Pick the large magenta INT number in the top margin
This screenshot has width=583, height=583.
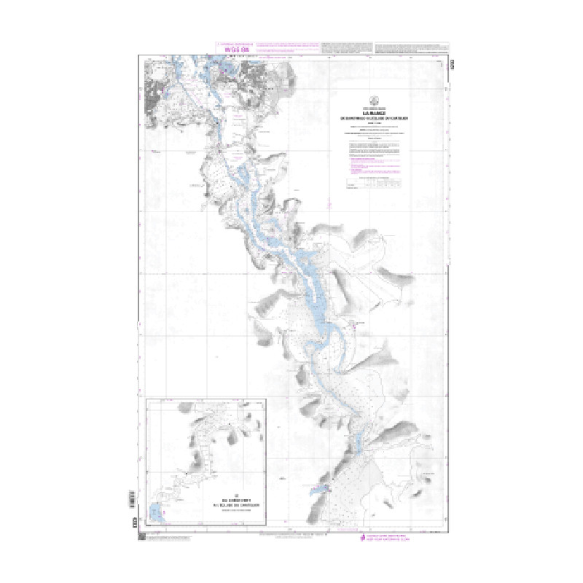coord(235,50)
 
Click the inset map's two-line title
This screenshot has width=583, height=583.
coord(230,501)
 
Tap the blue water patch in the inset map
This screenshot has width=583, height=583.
coord(157,513)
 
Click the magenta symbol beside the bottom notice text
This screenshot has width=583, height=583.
coord(364,537)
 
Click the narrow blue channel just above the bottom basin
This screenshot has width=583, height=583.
coord(358,441)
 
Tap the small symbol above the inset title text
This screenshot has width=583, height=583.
coord(230,490)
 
